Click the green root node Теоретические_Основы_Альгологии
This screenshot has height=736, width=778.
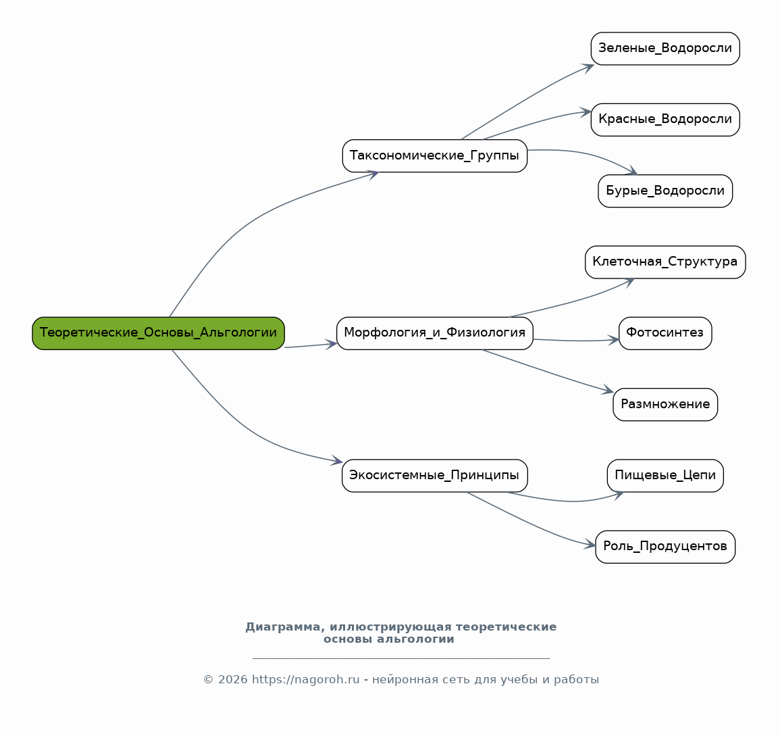(158, 333)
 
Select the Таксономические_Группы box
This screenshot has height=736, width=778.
(435, 156)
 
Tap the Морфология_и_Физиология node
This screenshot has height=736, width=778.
(435, 333)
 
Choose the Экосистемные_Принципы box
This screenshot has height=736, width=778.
(435, 476)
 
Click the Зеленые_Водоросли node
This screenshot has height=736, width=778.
(665, 49)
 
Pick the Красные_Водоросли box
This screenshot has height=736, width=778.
(665, 120)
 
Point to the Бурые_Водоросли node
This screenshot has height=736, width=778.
(665, 191)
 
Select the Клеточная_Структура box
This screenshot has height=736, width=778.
(665, 262)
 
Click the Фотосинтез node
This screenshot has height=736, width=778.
(665, 333)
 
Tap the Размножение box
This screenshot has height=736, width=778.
(665, 404)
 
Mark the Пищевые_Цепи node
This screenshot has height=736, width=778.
(665, 476)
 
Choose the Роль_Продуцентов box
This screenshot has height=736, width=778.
(665, 547)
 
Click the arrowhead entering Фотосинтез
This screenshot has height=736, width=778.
(614, 340)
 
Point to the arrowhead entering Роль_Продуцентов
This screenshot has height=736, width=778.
(590, 545)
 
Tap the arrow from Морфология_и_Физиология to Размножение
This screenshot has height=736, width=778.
(548, 372)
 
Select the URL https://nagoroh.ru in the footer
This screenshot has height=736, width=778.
(306, 679)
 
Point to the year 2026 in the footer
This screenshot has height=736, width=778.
(233, 679)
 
